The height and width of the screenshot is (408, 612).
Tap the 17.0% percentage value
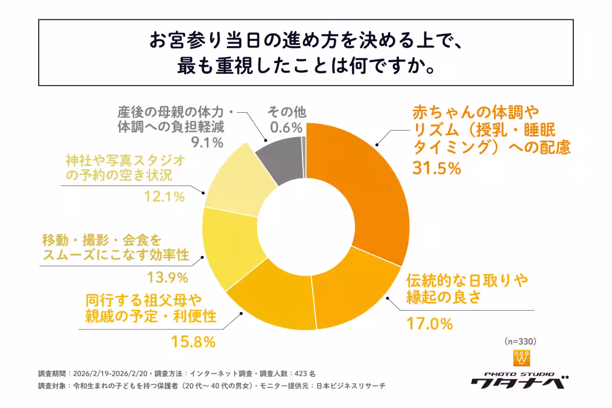click(x=429, y=323)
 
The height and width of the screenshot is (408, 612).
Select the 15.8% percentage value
click(x=193, y=342)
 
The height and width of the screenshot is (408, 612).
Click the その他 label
click(x=287, y=112)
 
